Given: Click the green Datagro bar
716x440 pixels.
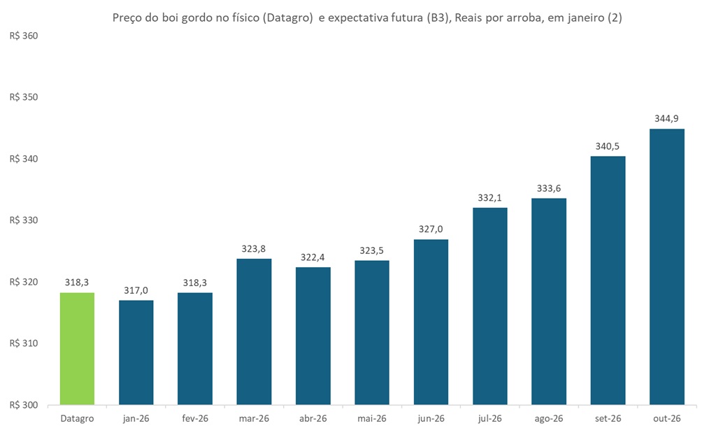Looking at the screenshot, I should pyautogui.click(x=77, y=348).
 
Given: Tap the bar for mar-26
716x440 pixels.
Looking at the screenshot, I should pyautogui.click(x=254, y=332).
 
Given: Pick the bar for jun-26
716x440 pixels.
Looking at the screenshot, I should pyautogui.click(x=431, y=322).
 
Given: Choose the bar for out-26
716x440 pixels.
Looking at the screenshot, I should pyautogui.click(x=666, y=267).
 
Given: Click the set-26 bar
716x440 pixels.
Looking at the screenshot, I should pyautogui.click(x=608, y=280).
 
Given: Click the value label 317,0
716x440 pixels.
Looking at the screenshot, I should pyautogui.click(x=136, y=290).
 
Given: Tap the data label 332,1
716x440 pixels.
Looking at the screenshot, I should pyautogui.click(x=489, y=198).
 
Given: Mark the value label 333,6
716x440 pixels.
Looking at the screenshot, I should pyautogui.click(x=549, y=188).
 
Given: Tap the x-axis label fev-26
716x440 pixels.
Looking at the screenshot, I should pyautogui.click(x=194, y=418).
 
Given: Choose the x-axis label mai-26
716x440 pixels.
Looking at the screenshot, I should pyautogui.click(x=371, y=418).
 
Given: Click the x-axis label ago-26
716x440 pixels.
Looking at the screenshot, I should pyautogui.click(x=549, y=418).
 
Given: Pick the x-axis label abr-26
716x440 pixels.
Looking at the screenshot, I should pyautogui.click(x=313, y=418).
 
